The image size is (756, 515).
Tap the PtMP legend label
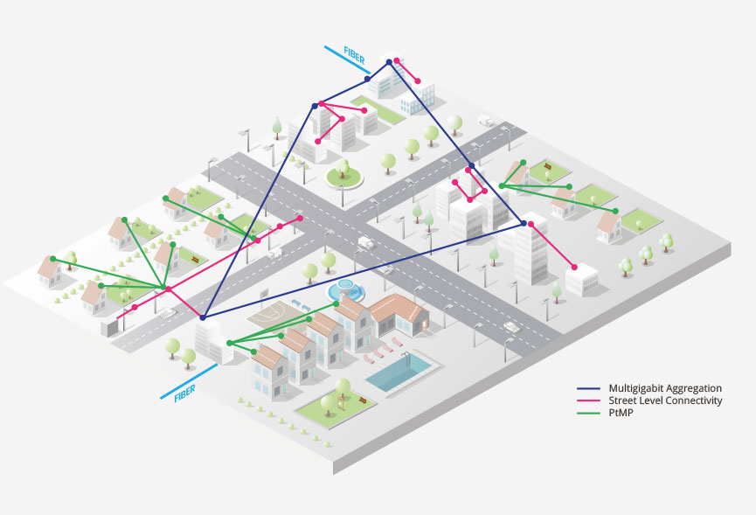point(617,413)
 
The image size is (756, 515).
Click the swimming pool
point(402,372)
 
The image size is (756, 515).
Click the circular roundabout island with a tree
point(343,176)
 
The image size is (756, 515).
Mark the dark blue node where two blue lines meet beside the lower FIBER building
point(202,317)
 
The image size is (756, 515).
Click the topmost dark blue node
point(390,61)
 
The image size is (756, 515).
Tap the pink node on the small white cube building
point(574,267)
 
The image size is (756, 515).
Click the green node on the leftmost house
point(53,258)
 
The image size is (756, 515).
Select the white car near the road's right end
point(511,327)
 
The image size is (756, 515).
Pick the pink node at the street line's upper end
point(300,218)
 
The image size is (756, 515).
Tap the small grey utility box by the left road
point(109,327)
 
